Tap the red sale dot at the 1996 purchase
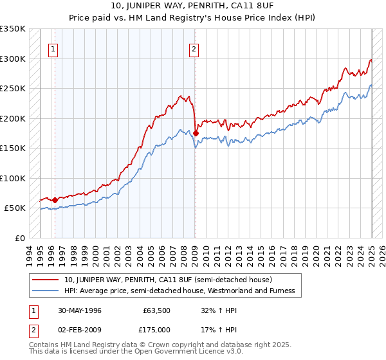point(55,200)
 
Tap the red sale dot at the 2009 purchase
point(196,133)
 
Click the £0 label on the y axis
point(19,238)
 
